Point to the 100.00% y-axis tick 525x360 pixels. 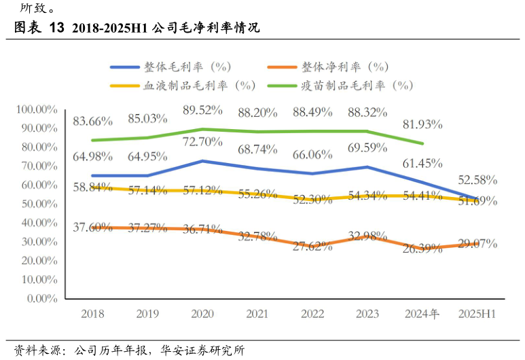click(37, 109)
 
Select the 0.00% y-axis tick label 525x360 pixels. click(42, 298)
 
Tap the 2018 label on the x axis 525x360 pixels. click(92, 314)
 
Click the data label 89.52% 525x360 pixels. click(202, 111)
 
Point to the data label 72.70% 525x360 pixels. click(202, 142)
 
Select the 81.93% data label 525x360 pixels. click(422, 124)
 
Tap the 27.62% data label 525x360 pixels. click(312, 247)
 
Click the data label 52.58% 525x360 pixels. click(477, 180)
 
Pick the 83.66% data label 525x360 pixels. click(92, 122)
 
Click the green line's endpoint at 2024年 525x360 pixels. click(422, 143)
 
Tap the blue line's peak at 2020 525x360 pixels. click(202, 161)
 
